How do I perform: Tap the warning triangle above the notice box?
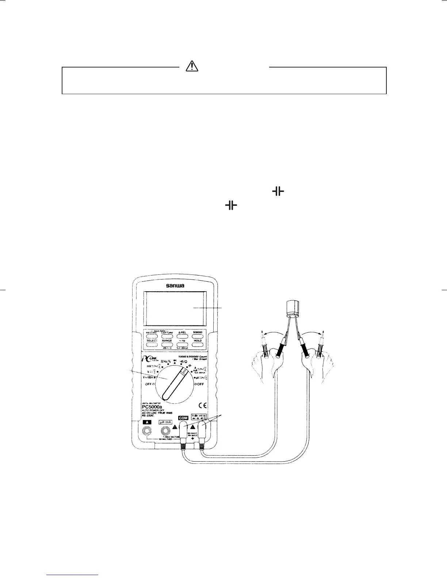point(192,66)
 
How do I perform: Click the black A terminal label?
point(147,422)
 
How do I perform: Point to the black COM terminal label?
point(183,418)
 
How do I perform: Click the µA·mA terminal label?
point(165,422)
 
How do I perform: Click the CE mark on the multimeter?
point(203,405)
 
